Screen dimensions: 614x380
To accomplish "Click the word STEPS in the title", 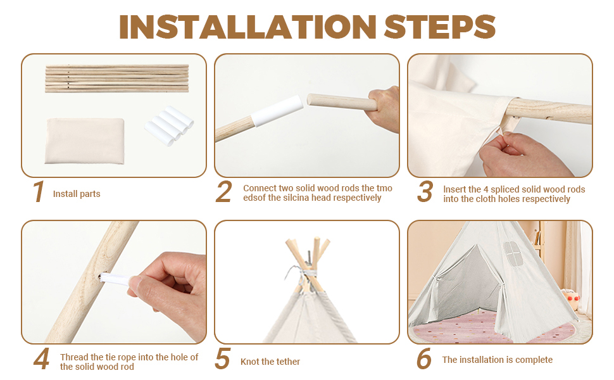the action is pyautogui.click(x=439, y=27).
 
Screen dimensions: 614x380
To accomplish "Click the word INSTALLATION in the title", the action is pyautogui.click(x=247, y=27).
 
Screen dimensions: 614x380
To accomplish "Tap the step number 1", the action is pyautogui.click(x=39, y=192).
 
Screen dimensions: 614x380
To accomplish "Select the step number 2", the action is pyautogui.click(x=223, y=192).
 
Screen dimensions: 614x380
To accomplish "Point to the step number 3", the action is pyautogui.click(x=425, y=192).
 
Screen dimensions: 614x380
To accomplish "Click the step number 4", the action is pyautogui.click(x=42, y=359).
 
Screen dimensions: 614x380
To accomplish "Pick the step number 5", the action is pyautogui.click(x=222, y=359).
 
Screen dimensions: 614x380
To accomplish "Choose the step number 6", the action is pyautogui.click(x=423, y=359).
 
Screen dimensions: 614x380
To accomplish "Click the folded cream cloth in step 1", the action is pyautogui.click(x=85, y=141).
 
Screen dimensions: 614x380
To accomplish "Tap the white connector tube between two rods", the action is pyautogui.click(x=277, y=111).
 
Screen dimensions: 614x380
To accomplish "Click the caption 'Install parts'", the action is pyautogui.click(x=77, y=194).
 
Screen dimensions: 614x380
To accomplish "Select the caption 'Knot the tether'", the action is pyautogui.click(x=270, y=362).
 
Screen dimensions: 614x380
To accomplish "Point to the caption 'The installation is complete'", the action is pyautogui.click(x=498, y=360).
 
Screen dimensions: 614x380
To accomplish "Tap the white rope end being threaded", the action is pyautogui.click(x=115, y=280).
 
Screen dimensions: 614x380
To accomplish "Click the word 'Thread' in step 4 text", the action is pyautogui.click(x=75, y=357).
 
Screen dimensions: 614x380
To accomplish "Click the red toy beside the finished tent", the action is pyautogui.click(x=572, y=300).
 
